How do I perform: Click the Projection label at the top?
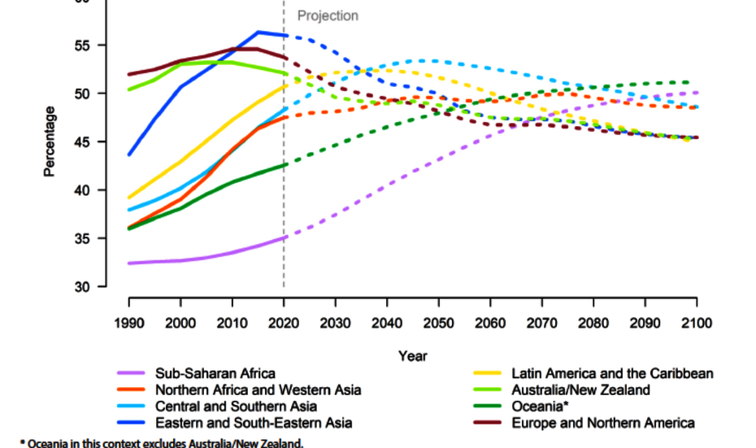[x=328, y=15]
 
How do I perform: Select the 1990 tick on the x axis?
[x=128, y=323]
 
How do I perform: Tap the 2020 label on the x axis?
[x=284, y=323]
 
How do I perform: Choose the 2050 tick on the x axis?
[x=439, y=323]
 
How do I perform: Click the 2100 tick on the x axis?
[x=696, y=323]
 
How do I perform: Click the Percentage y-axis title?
[x=50, y=141]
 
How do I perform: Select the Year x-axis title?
[x=412, y=355]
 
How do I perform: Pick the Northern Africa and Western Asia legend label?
[x=258, y=390]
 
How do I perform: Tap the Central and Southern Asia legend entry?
[x=236, y=407]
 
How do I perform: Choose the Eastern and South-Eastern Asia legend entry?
[x=254, y=423]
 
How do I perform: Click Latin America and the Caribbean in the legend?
[x=612, y=374]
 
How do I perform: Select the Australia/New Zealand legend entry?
[x=580, y=390]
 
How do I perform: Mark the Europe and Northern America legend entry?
[x=602, y=423]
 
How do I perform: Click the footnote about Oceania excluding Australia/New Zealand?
[x=160, y=442]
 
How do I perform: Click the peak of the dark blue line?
[x=259, y=33]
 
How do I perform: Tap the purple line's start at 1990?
[x=128, y=263]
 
